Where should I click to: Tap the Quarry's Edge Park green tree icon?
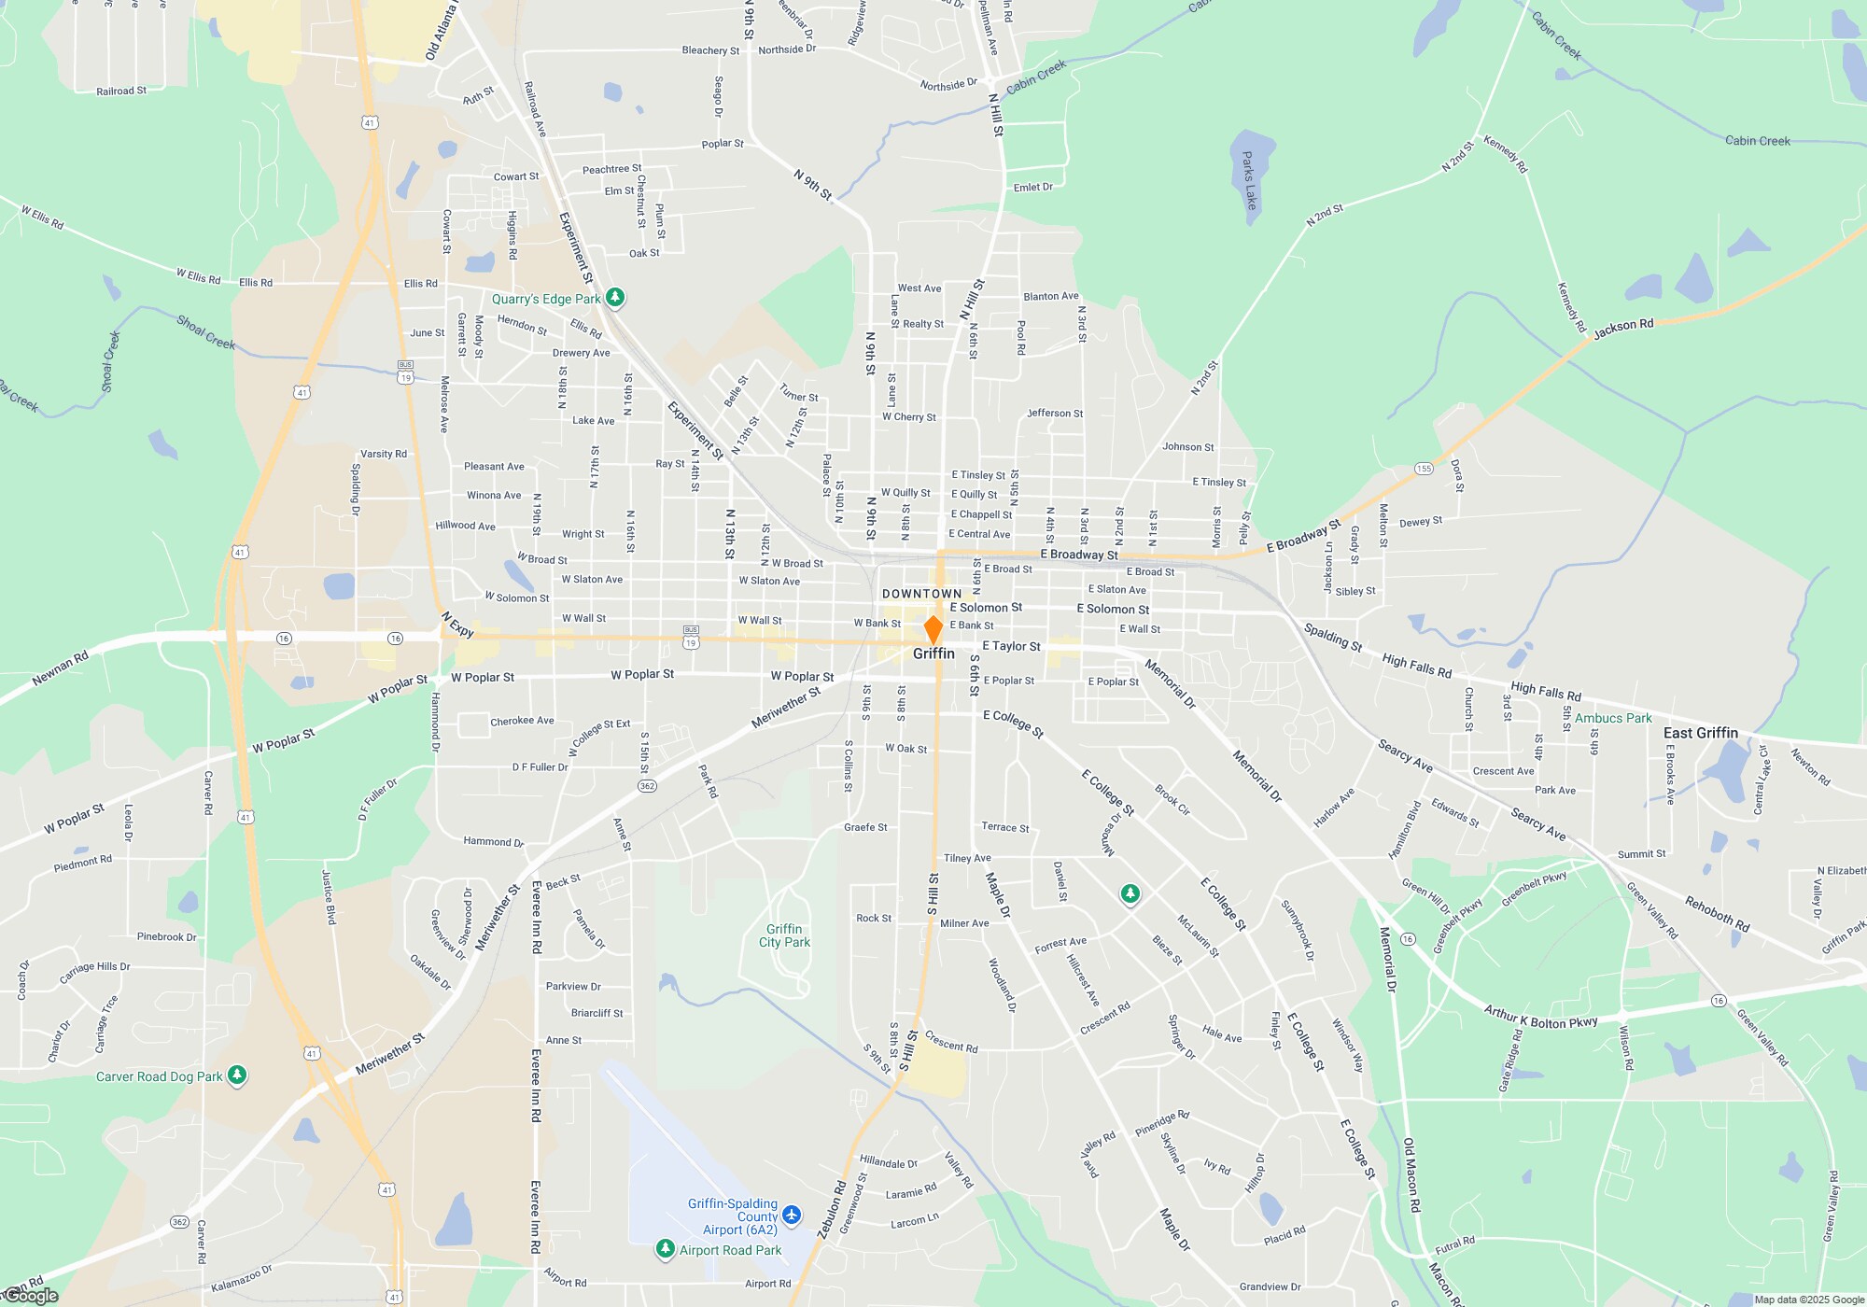(615, 298)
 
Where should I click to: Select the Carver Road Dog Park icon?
(237, 1075)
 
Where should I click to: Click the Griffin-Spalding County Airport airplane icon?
(792, 1216)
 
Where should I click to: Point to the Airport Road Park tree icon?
(665, 1249)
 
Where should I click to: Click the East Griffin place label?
(1700, 733)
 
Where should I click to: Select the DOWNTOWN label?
(921, 594)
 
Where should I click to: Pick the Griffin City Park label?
(784, 935)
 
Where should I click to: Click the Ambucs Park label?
(1613, 718)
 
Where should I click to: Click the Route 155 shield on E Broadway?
(1424, 469)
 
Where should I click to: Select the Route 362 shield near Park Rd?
(647, 786)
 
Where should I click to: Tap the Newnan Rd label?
(60, 668)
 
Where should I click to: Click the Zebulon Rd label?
(832, 1210)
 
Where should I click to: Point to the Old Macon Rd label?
(1411, 1175)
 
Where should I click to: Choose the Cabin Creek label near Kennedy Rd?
(1757, 141)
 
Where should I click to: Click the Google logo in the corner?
(32, 1296)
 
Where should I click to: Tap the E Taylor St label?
(1011, 646)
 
